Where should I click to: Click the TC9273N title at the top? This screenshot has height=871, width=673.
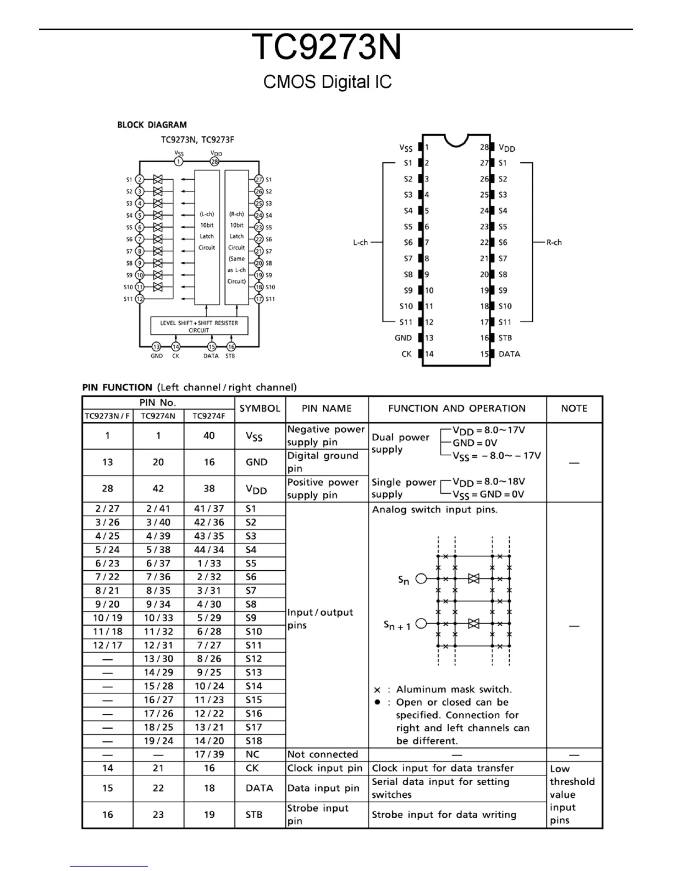327,48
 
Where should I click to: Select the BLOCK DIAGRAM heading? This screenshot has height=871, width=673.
152,125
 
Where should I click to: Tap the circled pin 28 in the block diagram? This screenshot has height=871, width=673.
214,162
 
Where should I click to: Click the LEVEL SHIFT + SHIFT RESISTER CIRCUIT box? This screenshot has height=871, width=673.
199,326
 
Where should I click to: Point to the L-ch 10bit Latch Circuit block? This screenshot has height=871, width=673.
207,236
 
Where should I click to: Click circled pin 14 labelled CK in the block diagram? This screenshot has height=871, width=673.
175,347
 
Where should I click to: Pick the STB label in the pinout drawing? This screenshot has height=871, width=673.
505,338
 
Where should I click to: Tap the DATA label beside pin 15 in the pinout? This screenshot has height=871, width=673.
509,354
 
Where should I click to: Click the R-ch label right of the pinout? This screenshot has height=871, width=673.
554,242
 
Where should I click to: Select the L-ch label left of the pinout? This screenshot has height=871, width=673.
360,242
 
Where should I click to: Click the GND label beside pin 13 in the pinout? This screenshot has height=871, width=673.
403,338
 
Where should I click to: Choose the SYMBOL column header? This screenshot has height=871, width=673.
260,409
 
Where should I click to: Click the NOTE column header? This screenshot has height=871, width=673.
574,409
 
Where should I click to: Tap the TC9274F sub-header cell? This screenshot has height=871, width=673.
209,416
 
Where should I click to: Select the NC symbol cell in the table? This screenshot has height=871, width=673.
252,754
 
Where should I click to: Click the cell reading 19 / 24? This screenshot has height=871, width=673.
158,741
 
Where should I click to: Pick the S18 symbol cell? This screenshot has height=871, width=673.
254,741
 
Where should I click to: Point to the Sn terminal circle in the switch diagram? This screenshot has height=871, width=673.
421,578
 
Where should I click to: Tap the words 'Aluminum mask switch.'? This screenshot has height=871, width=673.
454,690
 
